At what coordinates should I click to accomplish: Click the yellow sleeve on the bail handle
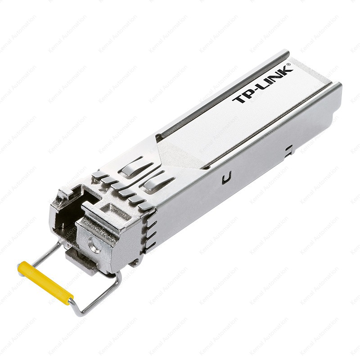coord(45,283)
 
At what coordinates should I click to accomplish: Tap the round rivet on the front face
coord(94,247)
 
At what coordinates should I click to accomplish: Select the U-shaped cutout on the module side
coord(227,178)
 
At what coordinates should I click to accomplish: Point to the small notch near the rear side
coord(288,149)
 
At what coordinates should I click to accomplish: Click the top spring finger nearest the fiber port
coord(98,175)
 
